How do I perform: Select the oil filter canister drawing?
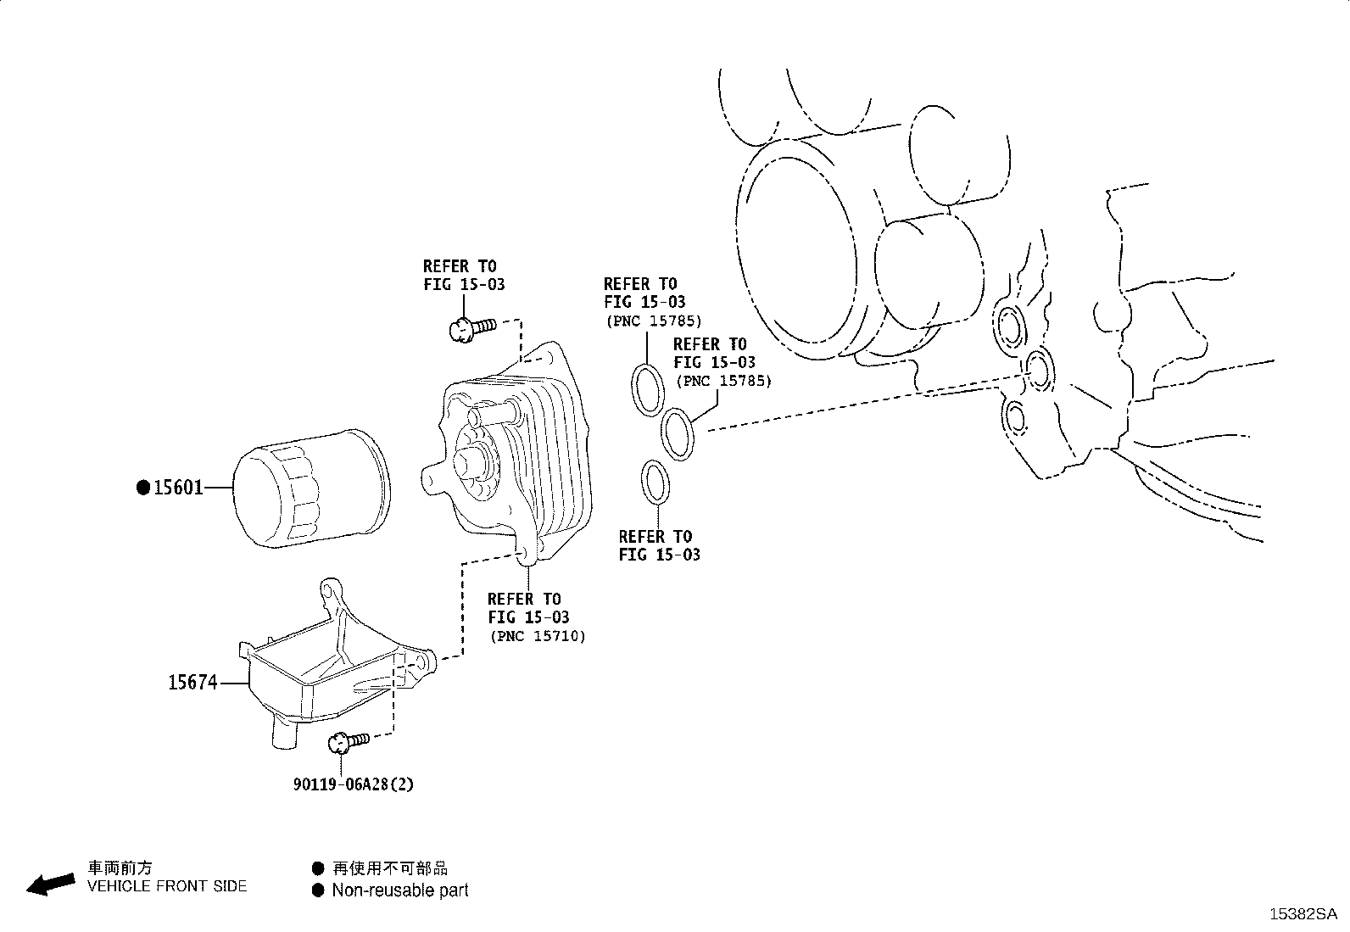310,488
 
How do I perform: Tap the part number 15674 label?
192,683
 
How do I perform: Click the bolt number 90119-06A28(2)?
354,784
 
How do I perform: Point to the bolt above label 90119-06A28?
348,742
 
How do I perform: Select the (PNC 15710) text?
538,636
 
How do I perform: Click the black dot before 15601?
143,488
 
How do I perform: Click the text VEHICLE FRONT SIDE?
167,886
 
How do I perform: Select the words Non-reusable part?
399,890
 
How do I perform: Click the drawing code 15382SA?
1302,914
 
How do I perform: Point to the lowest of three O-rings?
655,482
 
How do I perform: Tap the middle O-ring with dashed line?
678,433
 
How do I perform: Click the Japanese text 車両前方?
120,868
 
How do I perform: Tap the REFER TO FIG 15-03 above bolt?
464,276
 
